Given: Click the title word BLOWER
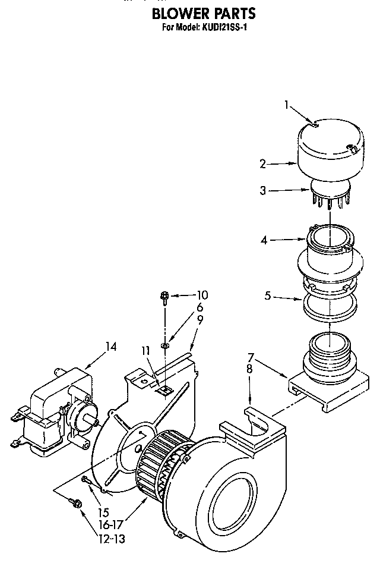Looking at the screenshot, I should click(176, 13).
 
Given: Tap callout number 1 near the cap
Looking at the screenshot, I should click(286, 105).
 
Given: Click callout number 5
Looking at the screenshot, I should click(268, 295).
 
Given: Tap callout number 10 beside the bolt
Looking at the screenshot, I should click(202, 294).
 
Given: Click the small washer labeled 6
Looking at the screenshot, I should click(166, 345).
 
